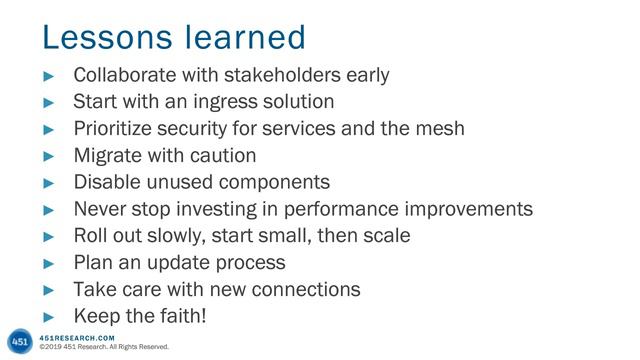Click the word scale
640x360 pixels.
click(386, 237)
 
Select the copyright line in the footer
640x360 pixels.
click(96, 348)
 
